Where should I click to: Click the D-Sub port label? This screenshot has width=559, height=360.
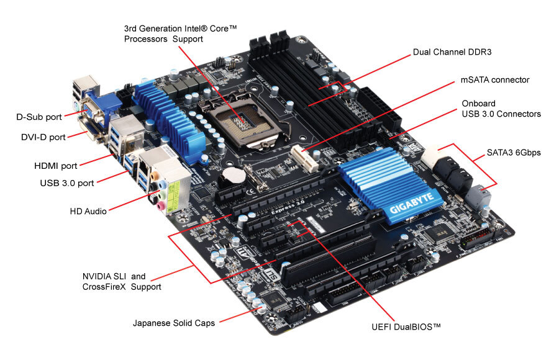38,116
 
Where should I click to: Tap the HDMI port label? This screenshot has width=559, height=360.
56,166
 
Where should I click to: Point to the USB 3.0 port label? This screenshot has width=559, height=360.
68,183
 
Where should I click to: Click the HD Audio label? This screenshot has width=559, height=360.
89,211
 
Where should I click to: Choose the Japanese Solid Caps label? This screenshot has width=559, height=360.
174,323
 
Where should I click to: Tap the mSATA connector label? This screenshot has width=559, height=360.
494,80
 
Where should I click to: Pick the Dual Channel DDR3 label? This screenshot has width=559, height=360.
452,52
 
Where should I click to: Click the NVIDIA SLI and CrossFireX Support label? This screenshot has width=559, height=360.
122,282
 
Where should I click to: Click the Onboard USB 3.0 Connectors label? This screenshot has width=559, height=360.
501,109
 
